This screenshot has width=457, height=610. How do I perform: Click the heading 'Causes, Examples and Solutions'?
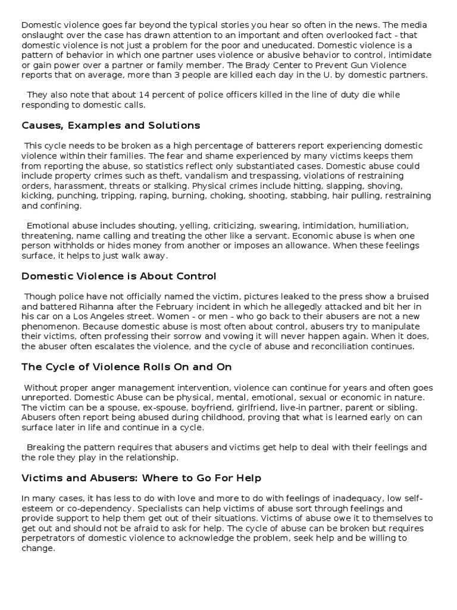111,126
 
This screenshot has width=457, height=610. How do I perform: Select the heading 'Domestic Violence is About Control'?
119,276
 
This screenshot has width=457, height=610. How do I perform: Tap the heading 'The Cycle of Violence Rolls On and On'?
127,367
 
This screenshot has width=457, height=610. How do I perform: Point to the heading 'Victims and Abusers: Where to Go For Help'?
142,478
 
